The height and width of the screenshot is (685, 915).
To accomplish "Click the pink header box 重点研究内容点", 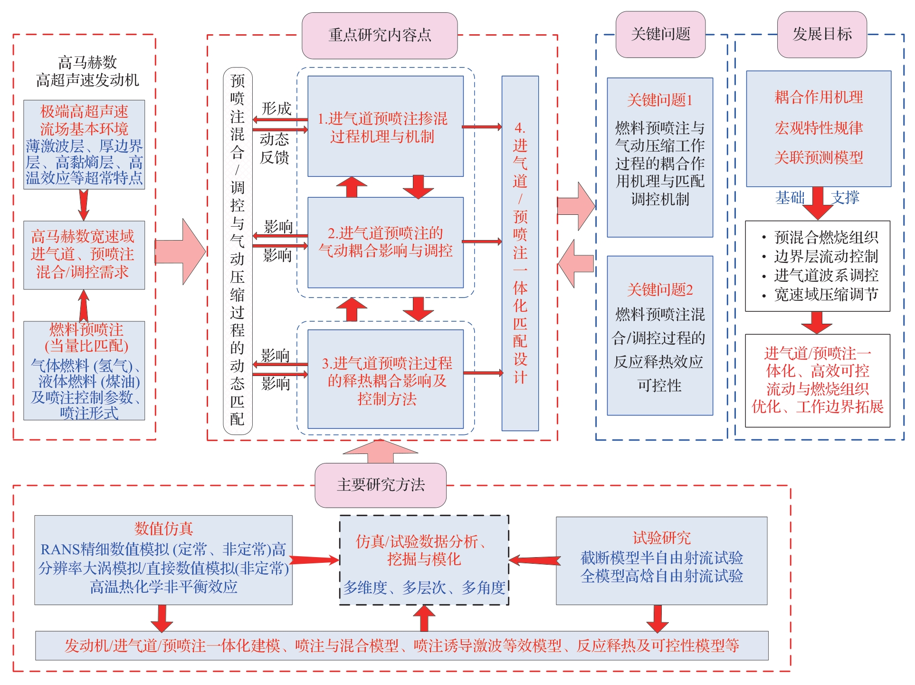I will [x=380, y=35].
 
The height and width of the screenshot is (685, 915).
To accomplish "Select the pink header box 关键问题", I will [x=660, y=34].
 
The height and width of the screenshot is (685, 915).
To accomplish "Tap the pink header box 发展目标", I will [x=822, y=34].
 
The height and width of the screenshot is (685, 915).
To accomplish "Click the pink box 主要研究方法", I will [x=381, y=485].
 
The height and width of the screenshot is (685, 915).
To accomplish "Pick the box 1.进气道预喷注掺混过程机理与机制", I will [x=385, y=126].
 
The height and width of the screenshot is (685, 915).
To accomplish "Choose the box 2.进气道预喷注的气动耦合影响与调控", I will [x=385, y=242].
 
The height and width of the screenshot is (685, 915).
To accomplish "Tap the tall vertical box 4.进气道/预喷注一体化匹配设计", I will [x=520, y=253].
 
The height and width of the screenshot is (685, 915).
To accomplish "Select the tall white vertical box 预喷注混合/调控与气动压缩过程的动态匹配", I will [x=238, y=251].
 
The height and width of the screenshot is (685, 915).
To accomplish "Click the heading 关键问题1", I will [x=660, y=100].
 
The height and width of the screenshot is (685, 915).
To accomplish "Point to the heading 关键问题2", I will [x=660, y=289].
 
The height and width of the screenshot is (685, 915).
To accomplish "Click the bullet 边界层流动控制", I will [x=826, y=257].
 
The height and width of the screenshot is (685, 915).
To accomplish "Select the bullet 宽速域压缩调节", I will [x=826, y=295].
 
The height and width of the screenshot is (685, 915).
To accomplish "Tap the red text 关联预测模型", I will [x=819, y=157].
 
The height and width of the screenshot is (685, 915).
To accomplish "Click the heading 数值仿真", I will [x=163, y=528].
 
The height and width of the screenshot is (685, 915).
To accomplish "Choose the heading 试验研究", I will [x=662, y=538].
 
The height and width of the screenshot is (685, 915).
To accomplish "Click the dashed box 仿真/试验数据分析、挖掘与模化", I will [x=424, y=560].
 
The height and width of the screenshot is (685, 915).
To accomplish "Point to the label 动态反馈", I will [x=275, y=148].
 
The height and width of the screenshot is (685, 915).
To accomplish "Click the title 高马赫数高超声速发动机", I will [x=87, y=71].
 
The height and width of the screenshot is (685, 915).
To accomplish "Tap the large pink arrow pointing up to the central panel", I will [x=380, y=451].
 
